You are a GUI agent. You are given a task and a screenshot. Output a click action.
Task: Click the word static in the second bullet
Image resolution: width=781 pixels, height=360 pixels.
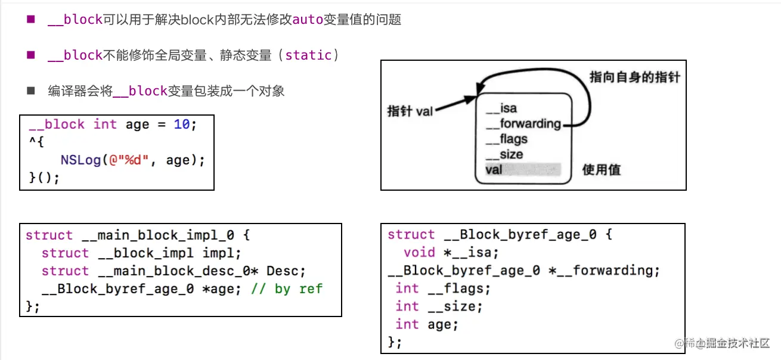tap(308, 55)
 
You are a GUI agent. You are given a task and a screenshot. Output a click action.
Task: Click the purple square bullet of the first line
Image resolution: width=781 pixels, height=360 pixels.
tap(31, 19)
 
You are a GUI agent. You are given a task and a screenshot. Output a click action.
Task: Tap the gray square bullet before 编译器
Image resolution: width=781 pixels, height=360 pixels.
tap(31, 91)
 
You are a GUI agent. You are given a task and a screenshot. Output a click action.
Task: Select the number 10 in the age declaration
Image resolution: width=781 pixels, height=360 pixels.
tap(182, 125)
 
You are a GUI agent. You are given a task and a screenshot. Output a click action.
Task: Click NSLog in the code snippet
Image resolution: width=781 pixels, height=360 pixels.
tap(80, 160)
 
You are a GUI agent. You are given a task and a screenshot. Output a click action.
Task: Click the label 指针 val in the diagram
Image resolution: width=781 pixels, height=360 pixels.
tap(410, 111)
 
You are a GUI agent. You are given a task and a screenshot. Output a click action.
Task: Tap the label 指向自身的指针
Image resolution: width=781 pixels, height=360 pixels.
tap(634, 77)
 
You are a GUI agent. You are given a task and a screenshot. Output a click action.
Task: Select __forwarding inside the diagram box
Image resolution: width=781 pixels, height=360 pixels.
tap(523, 124)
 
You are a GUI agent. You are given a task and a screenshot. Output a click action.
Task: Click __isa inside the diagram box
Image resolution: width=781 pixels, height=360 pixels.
tap(501, 108)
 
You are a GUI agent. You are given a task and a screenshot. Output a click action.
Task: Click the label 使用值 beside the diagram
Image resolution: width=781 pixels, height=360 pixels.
tap(601, 170)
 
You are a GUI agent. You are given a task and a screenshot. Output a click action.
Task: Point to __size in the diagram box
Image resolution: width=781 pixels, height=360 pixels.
tap(504, 154)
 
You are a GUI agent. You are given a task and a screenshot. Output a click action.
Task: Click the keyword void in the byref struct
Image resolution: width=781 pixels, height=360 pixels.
tap(419, 253)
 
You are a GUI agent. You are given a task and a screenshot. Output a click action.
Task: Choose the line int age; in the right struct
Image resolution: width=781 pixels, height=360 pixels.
tap(426, 324)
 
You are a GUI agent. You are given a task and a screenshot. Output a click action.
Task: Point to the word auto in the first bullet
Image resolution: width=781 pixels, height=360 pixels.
tap(308, 20)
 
